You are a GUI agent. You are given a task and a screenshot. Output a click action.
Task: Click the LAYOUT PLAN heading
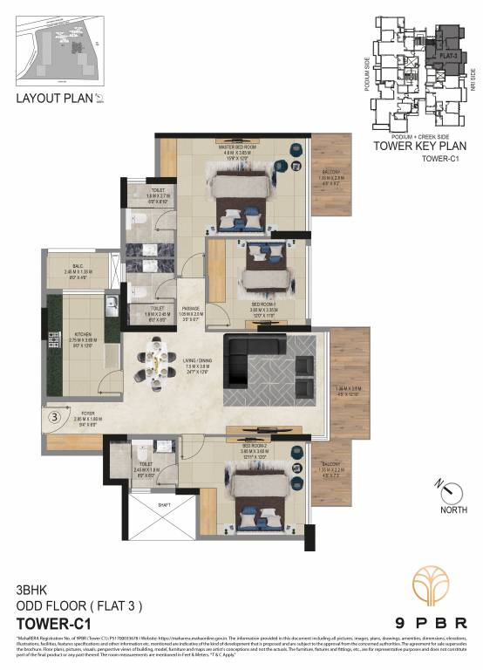pos(54,98)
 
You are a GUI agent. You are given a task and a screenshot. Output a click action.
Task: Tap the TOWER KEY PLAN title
pos(416,147)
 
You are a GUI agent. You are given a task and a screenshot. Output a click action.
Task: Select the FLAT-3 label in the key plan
pos(449,54)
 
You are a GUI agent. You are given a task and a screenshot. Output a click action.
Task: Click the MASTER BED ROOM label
pos(237,147)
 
